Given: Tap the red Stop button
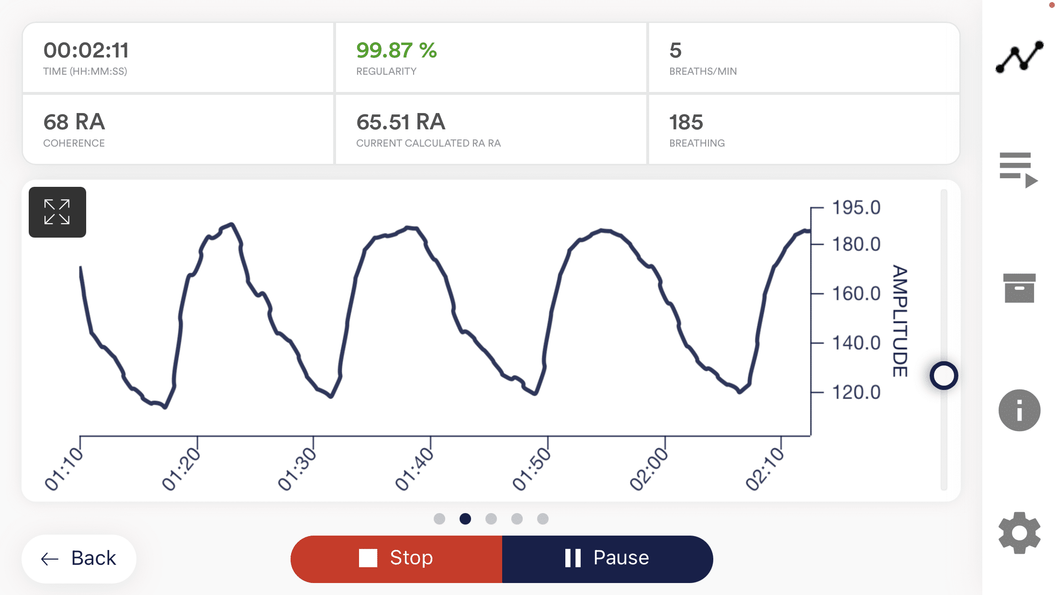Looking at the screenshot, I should point(396,559).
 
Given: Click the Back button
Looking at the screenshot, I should point(79,559).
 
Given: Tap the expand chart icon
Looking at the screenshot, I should point(57,212).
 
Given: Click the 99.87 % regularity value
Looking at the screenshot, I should point(396,50).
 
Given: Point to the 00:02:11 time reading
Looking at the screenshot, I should point(86,50).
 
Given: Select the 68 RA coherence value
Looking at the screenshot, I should point(74,122).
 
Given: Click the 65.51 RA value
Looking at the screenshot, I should point(401,122).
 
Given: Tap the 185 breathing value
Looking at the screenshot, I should point(686,122).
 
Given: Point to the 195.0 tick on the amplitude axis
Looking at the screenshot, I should point(856,208).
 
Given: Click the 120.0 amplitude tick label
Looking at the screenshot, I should point(856,392).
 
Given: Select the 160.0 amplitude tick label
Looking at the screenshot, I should point(856,294).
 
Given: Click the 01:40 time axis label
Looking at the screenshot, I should point(414,469).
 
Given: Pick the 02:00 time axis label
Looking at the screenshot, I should point(649,469).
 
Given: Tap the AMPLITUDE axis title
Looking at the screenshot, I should point(900,321).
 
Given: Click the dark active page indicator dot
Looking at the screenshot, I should point(465,519).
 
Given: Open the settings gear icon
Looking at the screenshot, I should point(1019,533).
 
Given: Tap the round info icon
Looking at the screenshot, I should point(1019,410).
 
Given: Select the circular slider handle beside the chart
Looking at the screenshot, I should point(944,376).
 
